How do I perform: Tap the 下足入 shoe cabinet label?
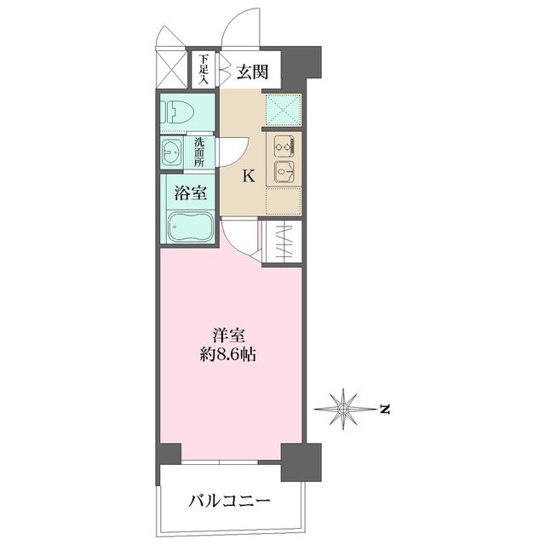point(204,68)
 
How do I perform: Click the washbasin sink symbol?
point(173,153)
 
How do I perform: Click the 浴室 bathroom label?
point(190,193)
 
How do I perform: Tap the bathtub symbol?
point(187,227)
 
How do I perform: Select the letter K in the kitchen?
point(249,177)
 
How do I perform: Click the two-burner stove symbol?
point(284,146)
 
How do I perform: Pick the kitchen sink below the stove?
point(284,173)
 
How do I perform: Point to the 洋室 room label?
point(231,334)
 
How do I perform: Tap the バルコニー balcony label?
point(230,501)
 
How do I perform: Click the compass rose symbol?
point(343,410)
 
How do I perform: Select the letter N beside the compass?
point(385,410)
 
